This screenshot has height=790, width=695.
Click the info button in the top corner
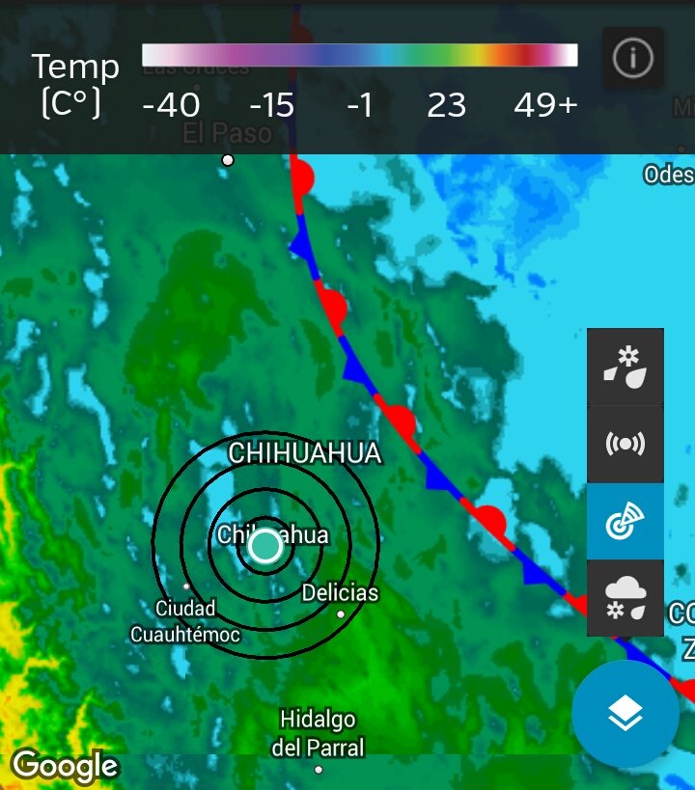[632, 59]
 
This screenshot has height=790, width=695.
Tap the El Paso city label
[228, 132]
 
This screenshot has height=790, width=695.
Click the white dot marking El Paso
[228, 160]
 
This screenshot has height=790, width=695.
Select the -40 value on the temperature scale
[171, 105]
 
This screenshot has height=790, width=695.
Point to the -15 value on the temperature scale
[271, 105]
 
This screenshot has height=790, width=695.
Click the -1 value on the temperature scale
[359, 105]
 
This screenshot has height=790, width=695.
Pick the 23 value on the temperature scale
[446, 105]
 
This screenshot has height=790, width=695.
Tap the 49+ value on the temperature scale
[545, 105]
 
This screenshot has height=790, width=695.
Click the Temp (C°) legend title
[75, 85]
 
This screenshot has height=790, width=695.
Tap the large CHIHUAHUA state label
[305, 454]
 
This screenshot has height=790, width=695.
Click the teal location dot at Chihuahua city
[264, 547]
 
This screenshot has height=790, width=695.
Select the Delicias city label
[340, 592]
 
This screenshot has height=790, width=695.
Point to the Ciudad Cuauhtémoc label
[185, 621]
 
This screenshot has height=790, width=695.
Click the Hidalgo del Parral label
[318, 733]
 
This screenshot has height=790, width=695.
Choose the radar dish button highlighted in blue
[625, 521]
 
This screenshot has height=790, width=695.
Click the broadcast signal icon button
[625, 444]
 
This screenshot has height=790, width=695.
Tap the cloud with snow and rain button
[625, 598]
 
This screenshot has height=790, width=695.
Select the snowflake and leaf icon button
[625, 367]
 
